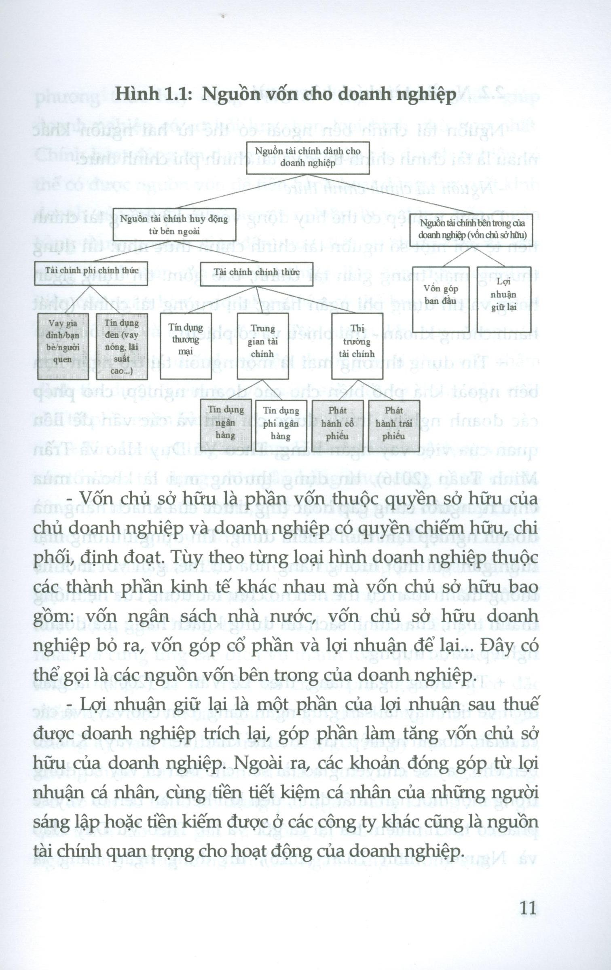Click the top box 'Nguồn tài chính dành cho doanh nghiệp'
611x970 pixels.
308,158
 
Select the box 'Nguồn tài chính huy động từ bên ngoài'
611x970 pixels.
174,225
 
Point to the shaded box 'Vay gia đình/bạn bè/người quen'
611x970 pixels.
63,346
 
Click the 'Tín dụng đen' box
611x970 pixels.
122,346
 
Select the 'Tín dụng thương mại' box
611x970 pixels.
186,346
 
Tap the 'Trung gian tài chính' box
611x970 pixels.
262,346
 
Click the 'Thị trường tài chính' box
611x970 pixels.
357,346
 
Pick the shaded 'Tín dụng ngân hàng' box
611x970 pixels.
226,426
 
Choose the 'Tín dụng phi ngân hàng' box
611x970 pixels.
281,426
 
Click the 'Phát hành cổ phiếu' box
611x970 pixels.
338,426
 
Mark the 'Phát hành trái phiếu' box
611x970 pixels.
394,426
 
